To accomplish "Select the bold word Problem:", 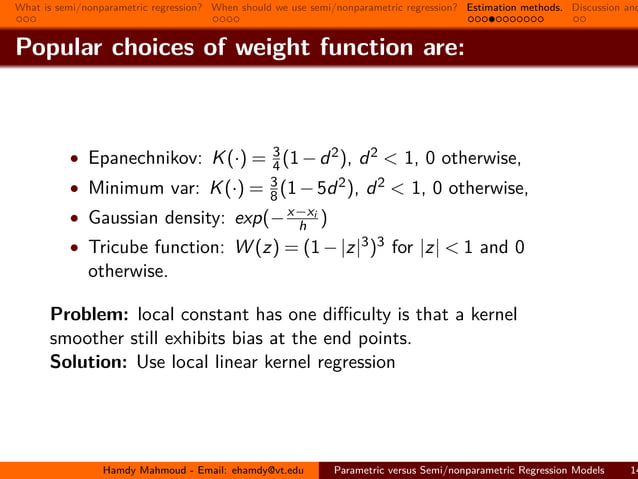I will [91, 315].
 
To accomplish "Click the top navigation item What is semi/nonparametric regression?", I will [102, 7].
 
